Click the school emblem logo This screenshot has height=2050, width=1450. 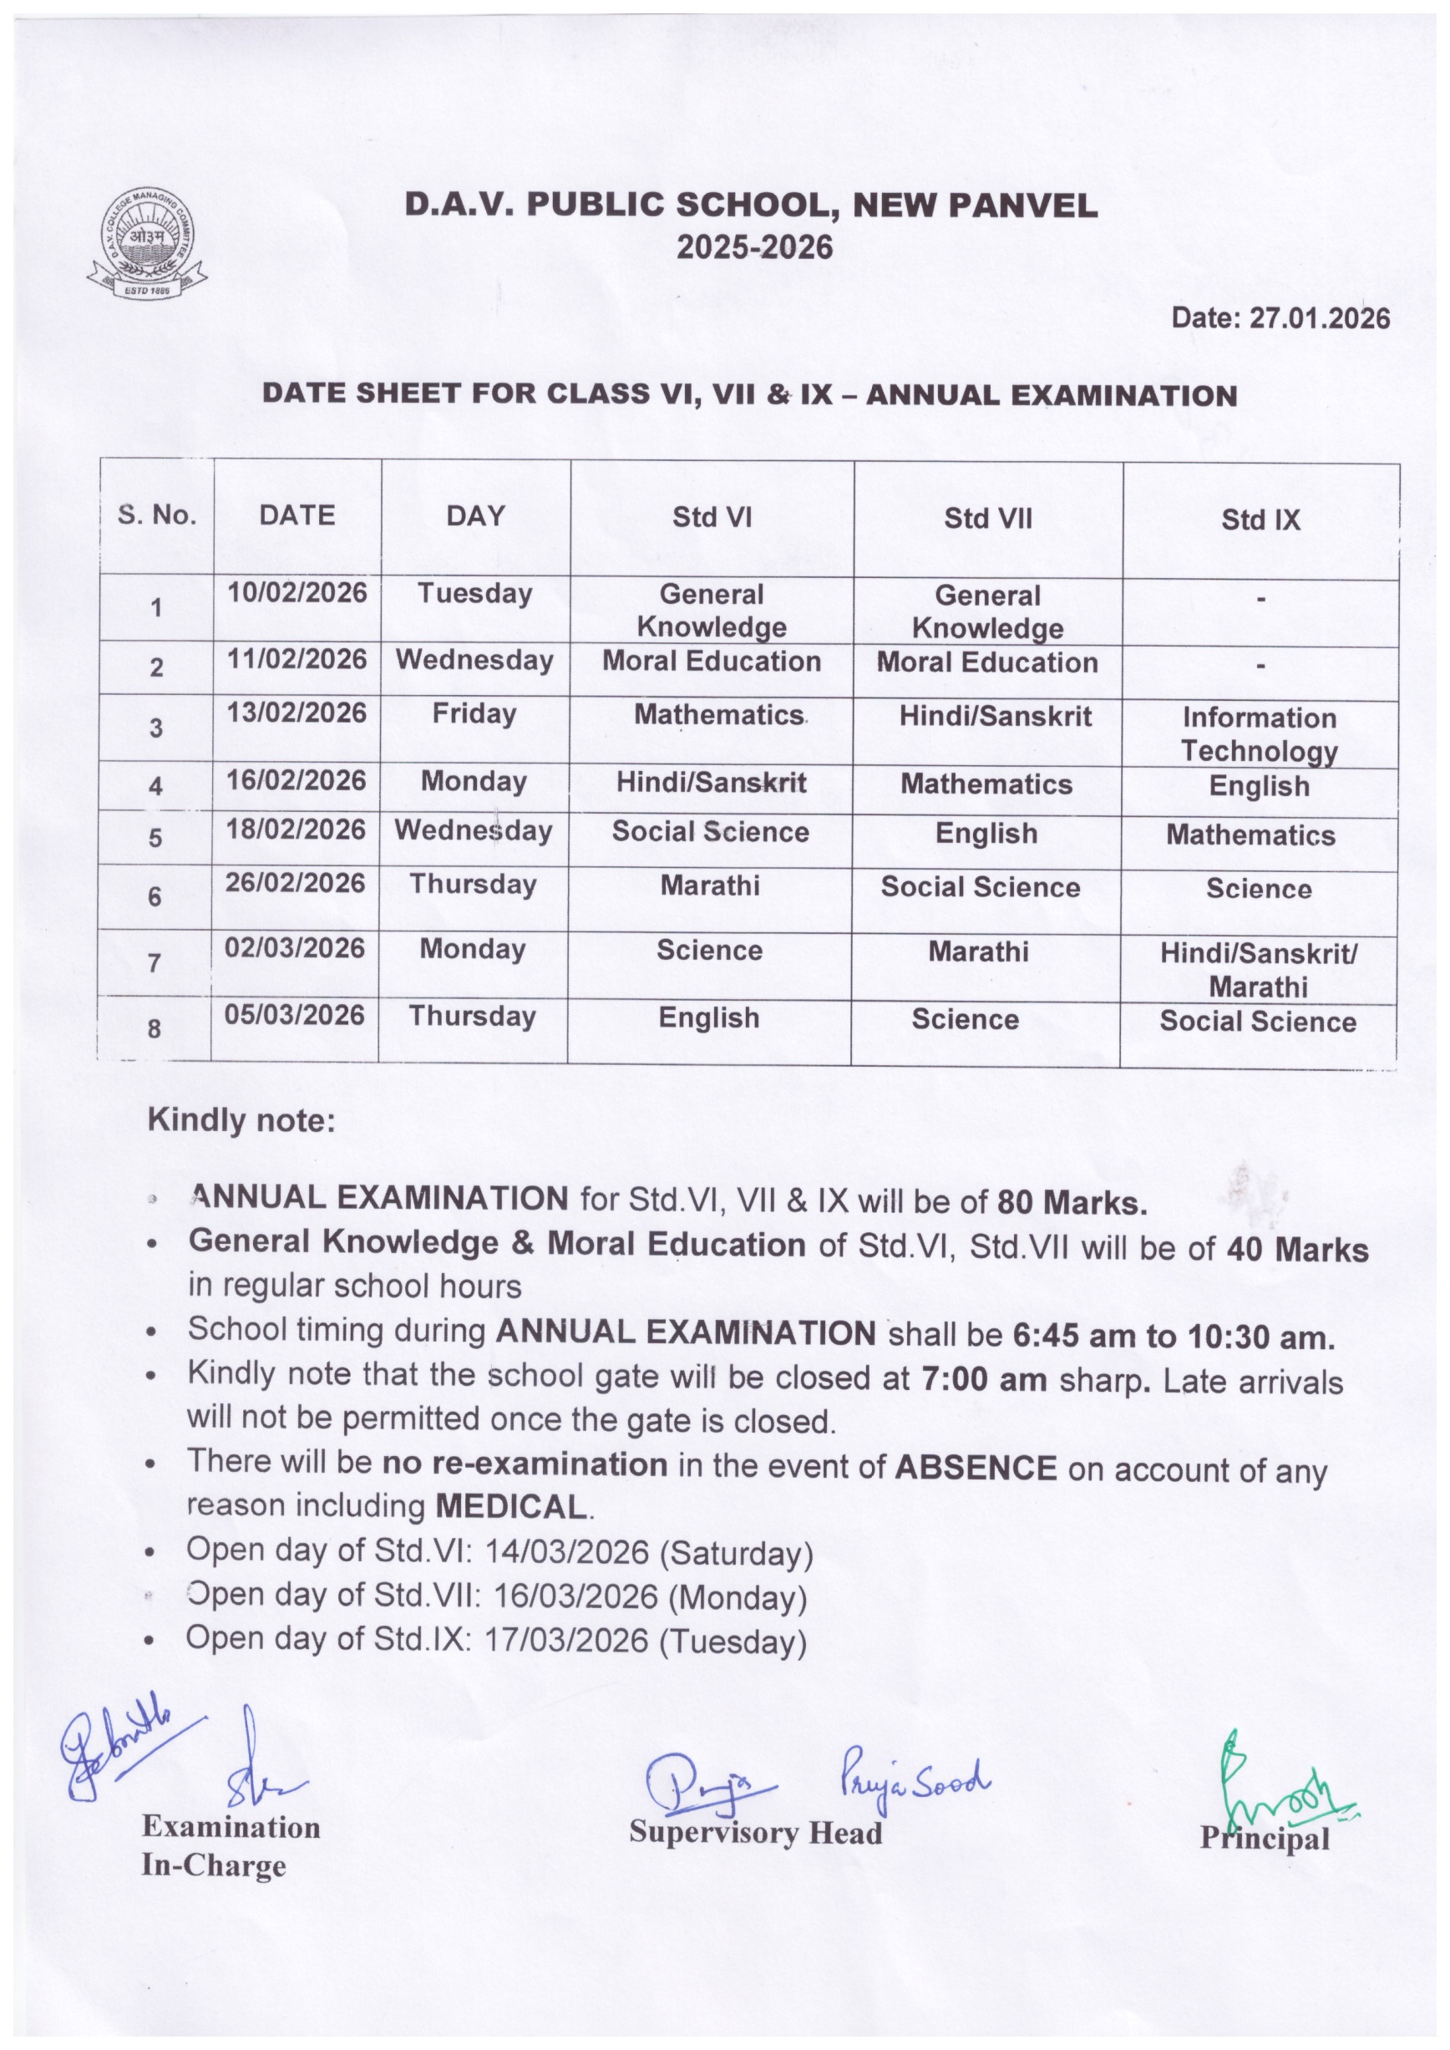coord(144,244)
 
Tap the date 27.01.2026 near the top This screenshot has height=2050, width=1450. coord(1320,319)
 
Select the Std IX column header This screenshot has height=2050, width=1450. coord(1260,520)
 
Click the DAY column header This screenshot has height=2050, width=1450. coord(475,516)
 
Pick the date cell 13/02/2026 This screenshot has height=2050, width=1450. coord(297,713)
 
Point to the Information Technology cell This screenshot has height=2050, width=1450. coord(1259,734)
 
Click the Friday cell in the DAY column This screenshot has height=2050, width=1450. coord(474,714)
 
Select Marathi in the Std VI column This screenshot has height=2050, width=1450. coord(710,885)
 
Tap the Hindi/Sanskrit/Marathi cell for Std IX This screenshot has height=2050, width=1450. coord(1258,970)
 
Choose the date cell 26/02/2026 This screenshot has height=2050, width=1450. coord(295,884)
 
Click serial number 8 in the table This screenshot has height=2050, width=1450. coord(155,1028)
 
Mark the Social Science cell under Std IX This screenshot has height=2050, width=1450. coord(1257,1022)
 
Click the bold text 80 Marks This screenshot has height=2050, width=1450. coord(1072,1204)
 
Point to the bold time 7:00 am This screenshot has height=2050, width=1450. coord(983,1379)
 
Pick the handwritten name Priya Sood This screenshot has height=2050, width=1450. coord(915,1784)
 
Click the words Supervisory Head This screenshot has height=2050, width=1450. coord(755,1832)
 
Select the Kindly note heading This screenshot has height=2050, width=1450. coord(241,1120)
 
